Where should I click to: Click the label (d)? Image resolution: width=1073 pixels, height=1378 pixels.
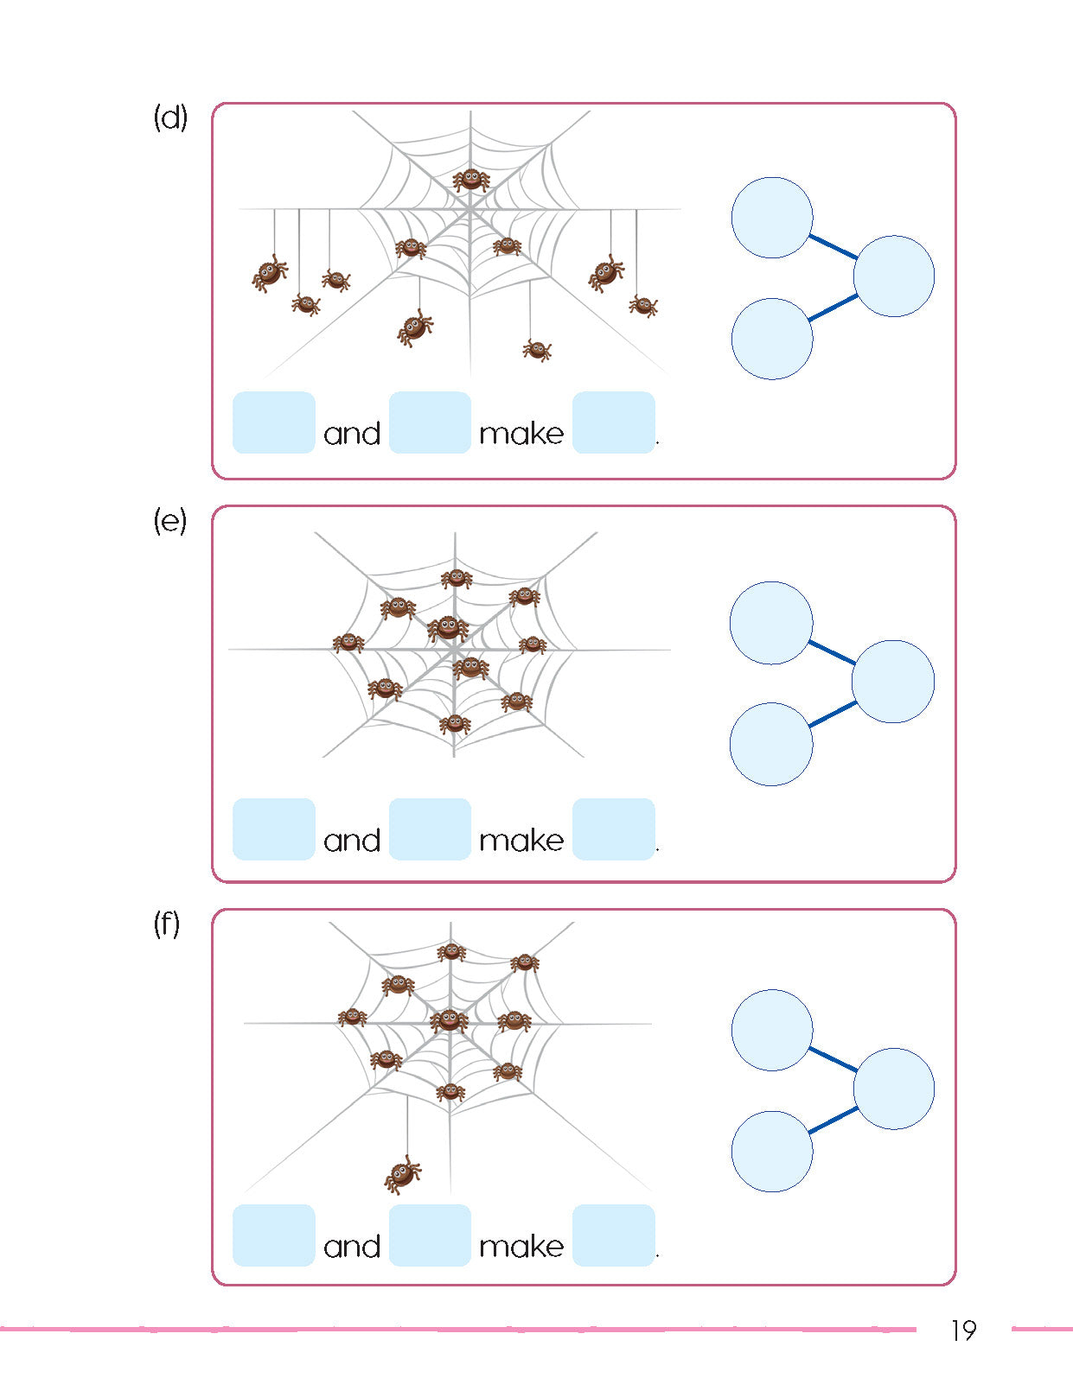tap(170, 117)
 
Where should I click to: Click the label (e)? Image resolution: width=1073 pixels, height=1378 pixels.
tap(170, 521)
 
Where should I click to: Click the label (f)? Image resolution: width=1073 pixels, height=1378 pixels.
tap(167, 924)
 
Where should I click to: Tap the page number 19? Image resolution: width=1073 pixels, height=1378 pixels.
tap(962, 1330)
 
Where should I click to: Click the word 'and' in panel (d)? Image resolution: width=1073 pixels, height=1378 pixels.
tap(352, 434)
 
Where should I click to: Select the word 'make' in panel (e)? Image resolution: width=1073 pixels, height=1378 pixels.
tap(521, 840)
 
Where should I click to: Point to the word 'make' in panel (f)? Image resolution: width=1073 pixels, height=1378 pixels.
tap(521, 1246)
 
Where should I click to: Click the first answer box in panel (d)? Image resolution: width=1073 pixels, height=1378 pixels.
tap(273, 422)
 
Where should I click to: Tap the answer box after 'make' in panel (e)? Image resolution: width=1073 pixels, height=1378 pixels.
tap(613, 829)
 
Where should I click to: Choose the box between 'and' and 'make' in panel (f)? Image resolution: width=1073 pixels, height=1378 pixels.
tap(430, 1235)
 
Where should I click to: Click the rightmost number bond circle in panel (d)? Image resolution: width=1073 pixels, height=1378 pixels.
tap(893, 276)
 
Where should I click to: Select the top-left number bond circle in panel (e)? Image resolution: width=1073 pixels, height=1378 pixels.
tap(771, 623)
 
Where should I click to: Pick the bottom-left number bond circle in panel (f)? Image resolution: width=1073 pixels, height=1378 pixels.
tap(772, 1152)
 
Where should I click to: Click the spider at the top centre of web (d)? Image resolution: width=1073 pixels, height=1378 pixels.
tap(471, 180)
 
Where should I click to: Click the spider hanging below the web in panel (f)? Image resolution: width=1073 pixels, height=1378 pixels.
tap(403, 1174)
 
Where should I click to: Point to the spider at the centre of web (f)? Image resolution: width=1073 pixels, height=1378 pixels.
tap(450, 1020)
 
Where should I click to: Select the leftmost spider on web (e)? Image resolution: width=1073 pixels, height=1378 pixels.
tap(348, 642)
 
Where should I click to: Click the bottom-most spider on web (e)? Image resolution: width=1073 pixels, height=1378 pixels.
tap(455, 724)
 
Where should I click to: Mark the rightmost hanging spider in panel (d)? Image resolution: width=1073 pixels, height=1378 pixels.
tap(643, 305)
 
